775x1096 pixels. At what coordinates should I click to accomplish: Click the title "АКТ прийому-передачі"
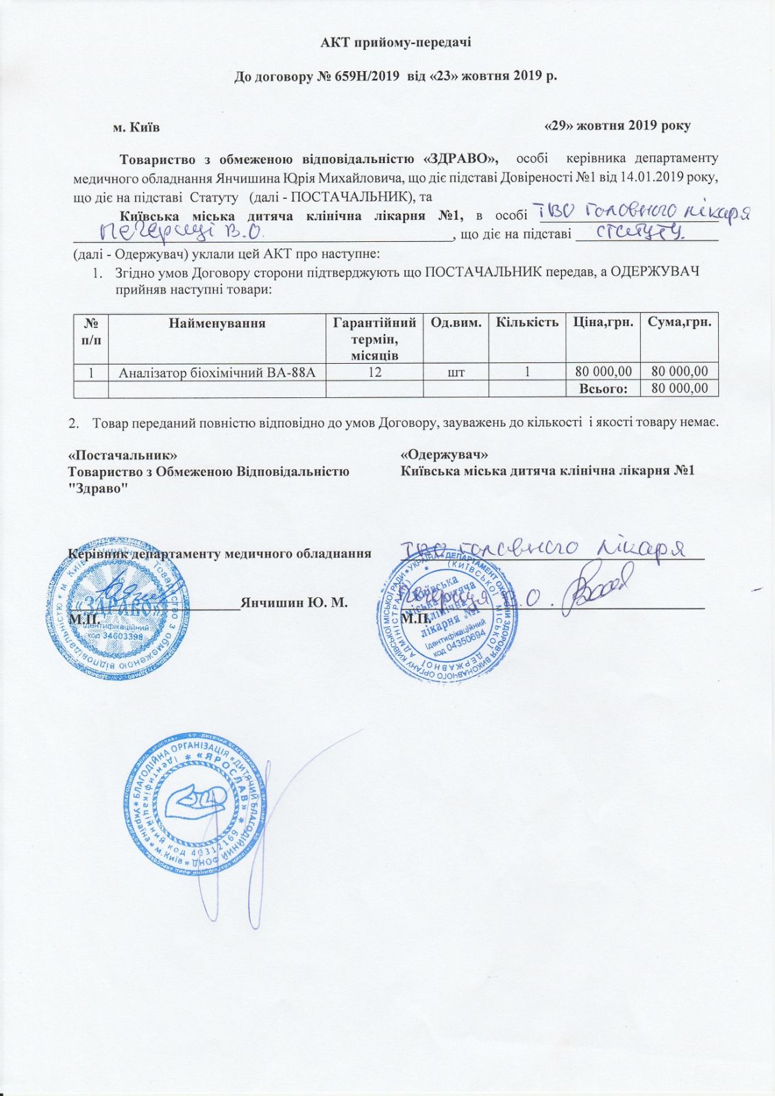[x=396, y=42]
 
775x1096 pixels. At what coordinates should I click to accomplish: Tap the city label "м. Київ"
[x=136, y=127]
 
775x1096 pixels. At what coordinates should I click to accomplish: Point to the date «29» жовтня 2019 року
[x=617, y=126]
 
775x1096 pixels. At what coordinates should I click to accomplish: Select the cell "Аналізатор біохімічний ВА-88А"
[x=217, y=372]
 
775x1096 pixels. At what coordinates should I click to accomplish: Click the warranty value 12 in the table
[x=374, y=372]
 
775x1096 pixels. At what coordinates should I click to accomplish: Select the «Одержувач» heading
[x=444, y=455]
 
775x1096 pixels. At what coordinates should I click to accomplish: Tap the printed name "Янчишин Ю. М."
[x=294, y=603]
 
